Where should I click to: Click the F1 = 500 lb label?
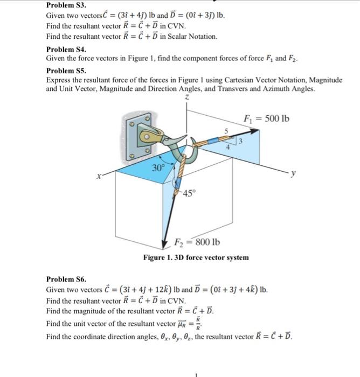click(267, 118)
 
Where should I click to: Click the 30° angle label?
click(158, 167)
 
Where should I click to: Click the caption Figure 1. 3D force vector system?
click(196, 258)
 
